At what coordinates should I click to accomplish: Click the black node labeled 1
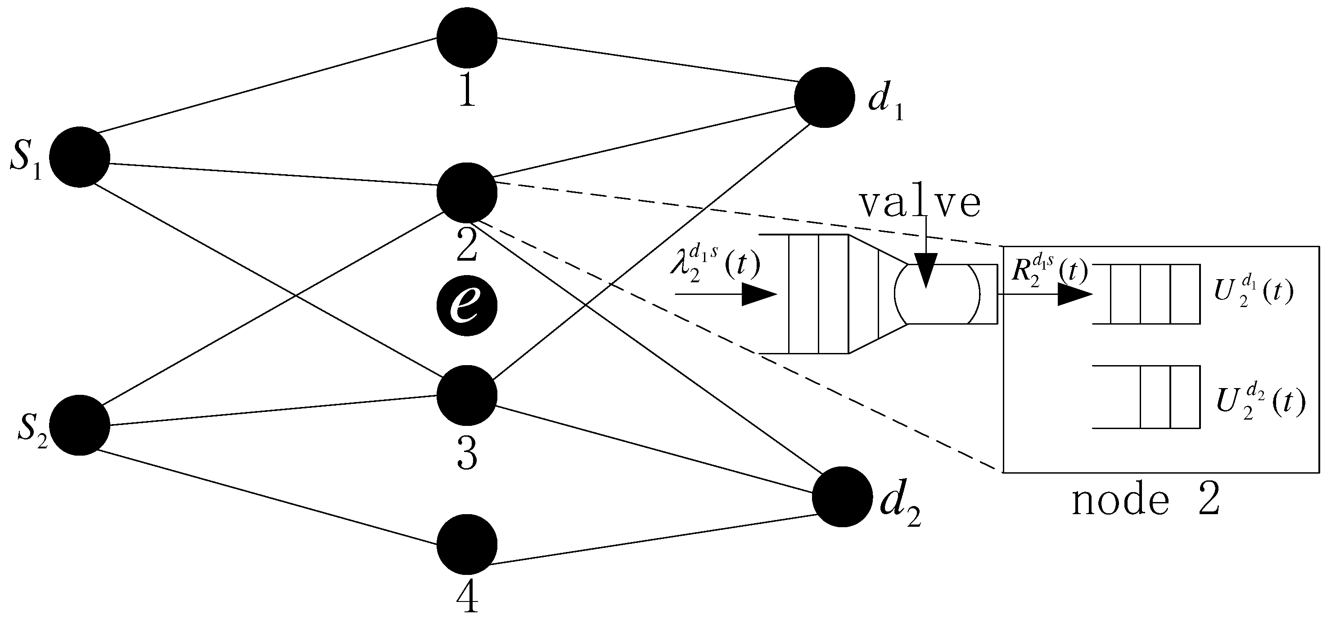click(x=467, y=37)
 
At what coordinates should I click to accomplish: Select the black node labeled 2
click(x=467, y=192)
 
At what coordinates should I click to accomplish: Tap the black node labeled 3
click(x=467, y=395)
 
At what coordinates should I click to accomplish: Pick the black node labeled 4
click(x=467, y=544)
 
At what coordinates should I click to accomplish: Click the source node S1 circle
click(x=80, y=157)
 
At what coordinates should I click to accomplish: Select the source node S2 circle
click(x=80, y=425)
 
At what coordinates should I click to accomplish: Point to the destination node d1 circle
click(x=824, y=97)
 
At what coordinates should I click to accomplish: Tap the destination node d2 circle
click(x=842, y=496)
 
